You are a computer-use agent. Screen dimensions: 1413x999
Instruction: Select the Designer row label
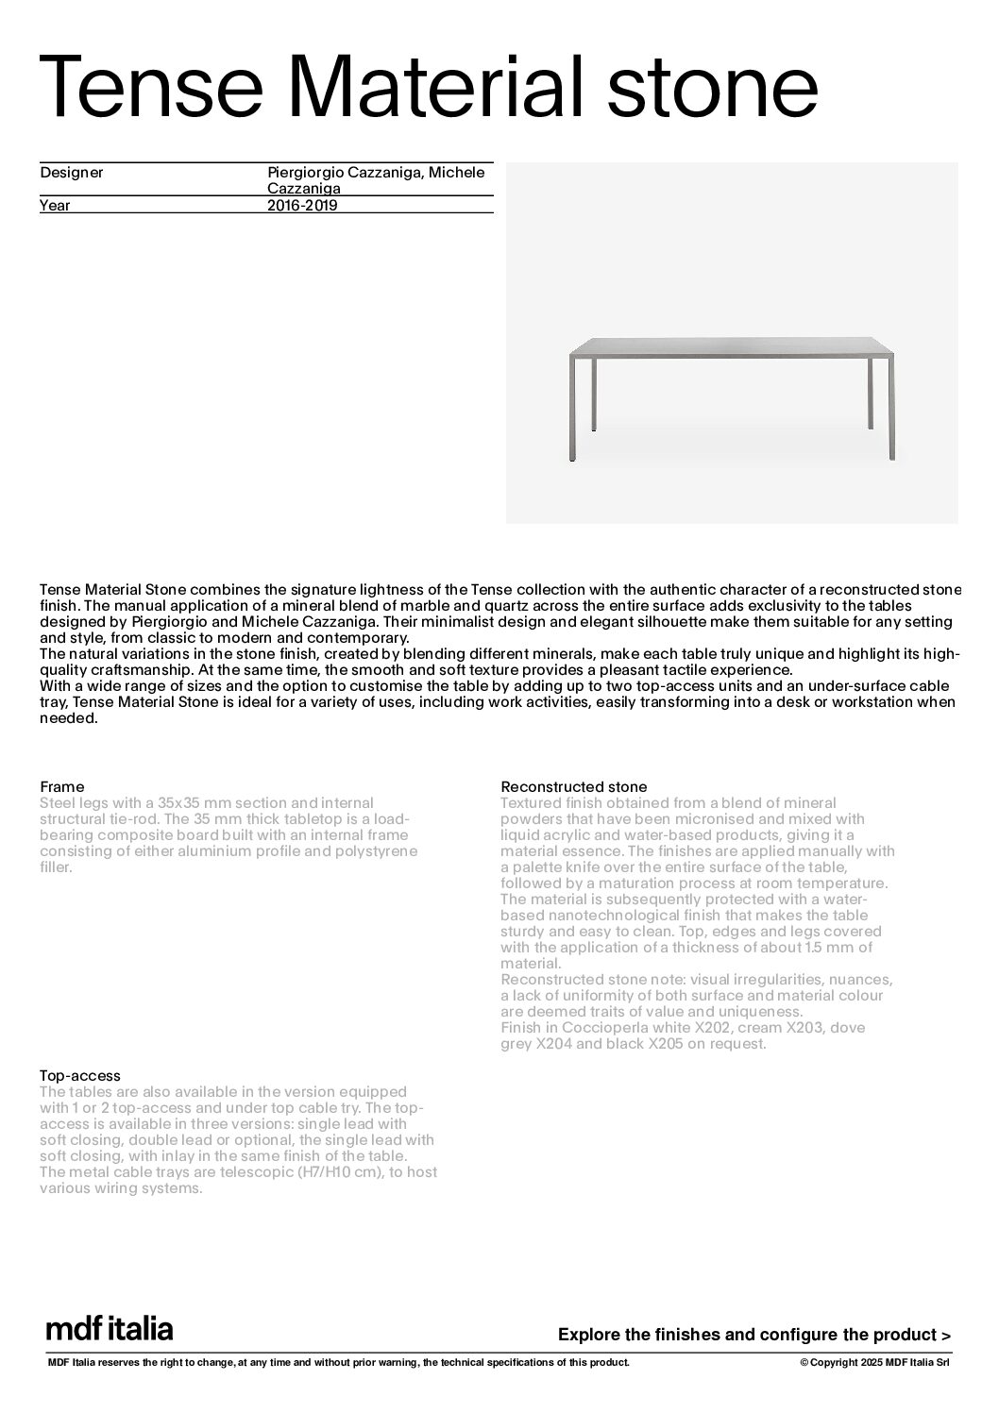(72, 173)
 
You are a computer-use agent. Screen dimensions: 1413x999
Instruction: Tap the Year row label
(55, 205)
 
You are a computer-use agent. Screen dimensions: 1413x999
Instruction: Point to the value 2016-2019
(302, 205)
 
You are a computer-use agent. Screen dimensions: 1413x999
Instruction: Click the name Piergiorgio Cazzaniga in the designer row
(341, 173)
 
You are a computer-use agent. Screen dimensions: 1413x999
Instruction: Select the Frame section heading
(61, 786)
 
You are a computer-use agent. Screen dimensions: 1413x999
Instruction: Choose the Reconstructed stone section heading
(573, 786)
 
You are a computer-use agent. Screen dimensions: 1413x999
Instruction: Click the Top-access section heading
(79, 1075)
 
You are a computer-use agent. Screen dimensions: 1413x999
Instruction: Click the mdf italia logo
(110, 1329)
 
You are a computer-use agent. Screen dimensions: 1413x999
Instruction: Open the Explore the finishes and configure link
(753, 1335)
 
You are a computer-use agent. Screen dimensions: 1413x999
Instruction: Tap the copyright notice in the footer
(874, 1362)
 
